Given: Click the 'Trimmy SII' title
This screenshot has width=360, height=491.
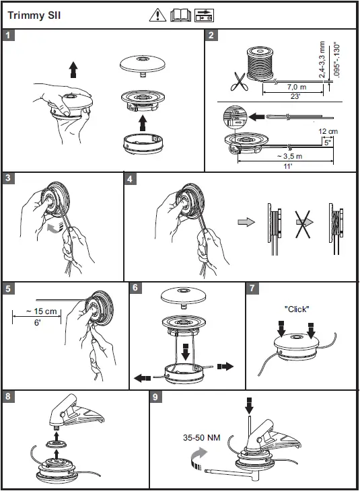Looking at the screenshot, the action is (x=34, y=15).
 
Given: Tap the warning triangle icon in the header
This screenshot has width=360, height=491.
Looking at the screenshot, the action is (x=157, y=15).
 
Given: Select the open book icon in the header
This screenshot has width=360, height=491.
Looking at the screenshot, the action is (x=180, y=15).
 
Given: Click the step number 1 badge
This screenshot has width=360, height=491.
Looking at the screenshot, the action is (x=8, y=35).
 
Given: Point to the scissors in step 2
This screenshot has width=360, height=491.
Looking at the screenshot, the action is (x=240, y=81).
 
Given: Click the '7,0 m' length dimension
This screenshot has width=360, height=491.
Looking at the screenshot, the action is (x=296, y=87).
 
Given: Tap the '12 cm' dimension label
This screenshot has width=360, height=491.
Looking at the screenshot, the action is (x=328, y=131).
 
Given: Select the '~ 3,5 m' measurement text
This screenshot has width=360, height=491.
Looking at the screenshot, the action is (x=289, y=156).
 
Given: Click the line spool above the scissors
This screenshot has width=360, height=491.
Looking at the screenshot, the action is (x=260, y=64).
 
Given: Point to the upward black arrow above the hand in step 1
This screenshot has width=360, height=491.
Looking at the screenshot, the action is (x=73, y=69).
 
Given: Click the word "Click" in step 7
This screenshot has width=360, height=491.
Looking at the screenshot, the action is (x=296, y=309).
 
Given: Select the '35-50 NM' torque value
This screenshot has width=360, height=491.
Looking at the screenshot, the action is (x=201, y=437).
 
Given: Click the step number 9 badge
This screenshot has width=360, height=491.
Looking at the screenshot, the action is (x=155, y=397).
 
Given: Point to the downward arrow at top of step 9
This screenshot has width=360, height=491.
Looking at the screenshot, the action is (x=249, y=406).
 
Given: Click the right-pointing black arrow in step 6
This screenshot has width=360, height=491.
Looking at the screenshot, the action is (x=225, y=366).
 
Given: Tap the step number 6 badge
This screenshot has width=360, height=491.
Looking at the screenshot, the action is (x=135, y=287).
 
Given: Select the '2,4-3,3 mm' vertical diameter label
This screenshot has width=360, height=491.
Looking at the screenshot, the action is (x=322, y=59).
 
